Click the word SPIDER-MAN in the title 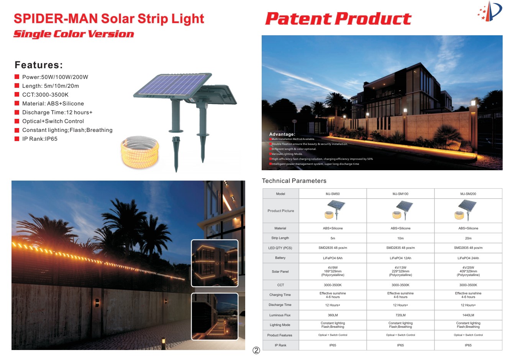tap(56, 18)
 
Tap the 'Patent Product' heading tap(338, 18)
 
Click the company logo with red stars tap(490, 12)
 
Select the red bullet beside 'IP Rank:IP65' tap(17, 139)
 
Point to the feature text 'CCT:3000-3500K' tap(45, 95)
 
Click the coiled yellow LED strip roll tap(140, 151)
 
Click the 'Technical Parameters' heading tap(294, 181)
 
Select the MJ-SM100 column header tap(400, 194)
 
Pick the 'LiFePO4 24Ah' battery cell tap(468, 258)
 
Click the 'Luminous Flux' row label tap(280, 315)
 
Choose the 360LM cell tap(333, 315)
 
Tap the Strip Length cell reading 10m tap(400, 238)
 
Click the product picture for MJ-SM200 tap(465, 210)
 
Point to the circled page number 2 tap(256, 350)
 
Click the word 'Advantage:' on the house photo tap(282, 134)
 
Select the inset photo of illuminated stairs tap(215, 316)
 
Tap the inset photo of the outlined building tap(215, 263)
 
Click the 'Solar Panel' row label tap(280, 271)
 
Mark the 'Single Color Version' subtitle tap(74, 34)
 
